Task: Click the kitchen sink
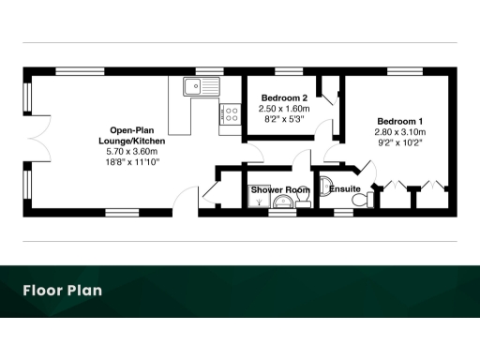(201, 88)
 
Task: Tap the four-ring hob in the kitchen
(230, 114)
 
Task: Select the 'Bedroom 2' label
(284, 98)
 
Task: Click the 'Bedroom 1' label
(400, 122)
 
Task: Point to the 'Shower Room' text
(279, 190)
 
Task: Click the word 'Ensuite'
(344, 190)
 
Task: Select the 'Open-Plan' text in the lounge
(131, 130)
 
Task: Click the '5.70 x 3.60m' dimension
(131, 151)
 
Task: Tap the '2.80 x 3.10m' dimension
(400, 132)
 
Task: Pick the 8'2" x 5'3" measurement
(284, 120)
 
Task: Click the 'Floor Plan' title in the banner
(63, 291)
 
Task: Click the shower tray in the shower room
(259, 200)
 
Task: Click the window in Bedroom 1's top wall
(401, 71)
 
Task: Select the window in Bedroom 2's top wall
(281, 71)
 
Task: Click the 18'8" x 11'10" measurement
(131, 161)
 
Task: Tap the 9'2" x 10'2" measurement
(400, 142)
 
